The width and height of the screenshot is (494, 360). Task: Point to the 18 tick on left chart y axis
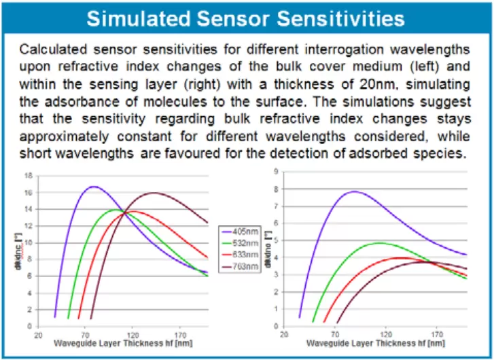coord(29,175)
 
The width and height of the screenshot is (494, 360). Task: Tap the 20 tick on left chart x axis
coord(39,335)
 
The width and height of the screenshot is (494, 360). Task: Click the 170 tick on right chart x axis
coord(436,335)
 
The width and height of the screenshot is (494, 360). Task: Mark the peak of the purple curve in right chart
coord(354,192)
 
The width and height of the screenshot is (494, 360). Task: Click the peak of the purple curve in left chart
coord(94,186)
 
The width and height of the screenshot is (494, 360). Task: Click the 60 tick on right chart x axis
coord(334,335)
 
